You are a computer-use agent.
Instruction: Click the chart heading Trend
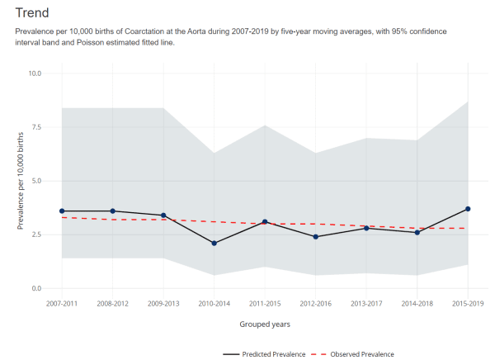click(31, 13)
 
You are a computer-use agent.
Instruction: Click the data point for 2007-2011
click(62, 211)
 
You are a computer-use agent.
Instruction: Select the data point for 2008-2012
click(113, 211)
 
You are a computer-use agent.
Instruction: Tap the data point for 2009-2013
click(163, 216)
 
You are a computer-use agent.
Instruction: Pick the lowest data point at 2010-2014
click(214, 244)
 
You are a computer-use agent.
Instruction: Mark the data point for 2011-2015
click(265, 222)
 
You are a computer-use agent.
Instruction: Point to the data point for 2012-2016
click(316, 237)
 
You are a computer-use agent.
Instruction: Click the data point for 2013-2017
click(366, 228)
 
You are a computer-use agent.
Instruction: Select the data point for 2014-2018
click(417, 233)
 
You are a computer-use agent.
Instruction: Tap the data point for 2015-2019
click(468, 209)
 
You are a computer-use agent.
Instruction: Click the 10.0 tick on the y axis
click(35, 73)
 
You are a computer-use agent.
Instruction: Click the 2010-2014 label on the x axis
click(214, 303)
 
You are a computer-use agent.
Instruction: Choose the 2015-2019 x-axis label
click(468, 303)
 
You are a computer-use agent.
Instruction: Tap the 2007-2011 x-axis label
click(62, 303)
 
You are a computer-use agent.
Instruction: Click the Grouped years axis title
click(265, 324)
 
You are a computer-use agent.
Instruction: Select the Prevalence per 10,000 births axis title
click(20, 181)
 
